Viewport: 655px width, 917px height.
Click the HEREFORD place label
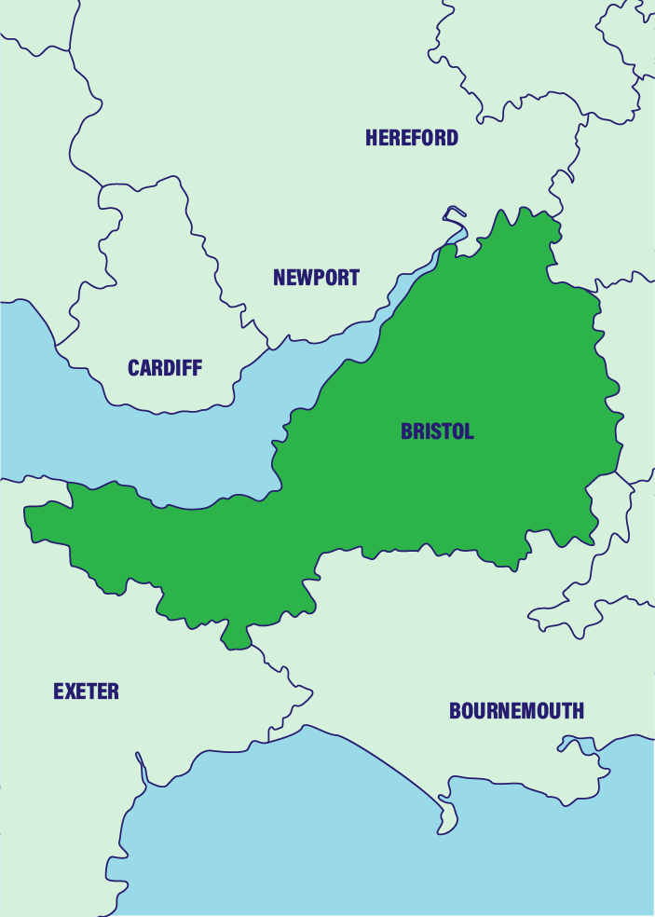pyautogui.click(x=412, y=138)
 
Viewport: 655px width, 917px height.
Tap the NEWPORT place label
pyautogui.click(x=316, y=277)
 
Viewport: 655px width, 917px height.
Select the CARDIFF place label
pyautogui.click(x=165, y=368)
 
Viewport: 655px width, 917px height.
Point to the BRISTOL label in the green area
pyautogui.click(x=437, y=431)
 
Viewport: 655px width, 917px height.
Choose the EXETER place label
pyautogui.click(x=86, y=691)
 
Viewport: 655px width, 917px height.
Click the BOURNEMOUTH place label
pyautogui.click(x=516, y=711)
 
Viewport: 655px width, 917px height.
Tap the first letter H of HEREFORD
pyautogui.click(x=372, y=138)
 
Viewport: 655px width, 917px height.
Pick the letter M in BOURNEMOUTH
pyautogui.click(x=530, y=711)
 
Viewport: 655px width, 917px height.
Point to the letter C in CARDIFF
pyautogui.click(x=134, y=368)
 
